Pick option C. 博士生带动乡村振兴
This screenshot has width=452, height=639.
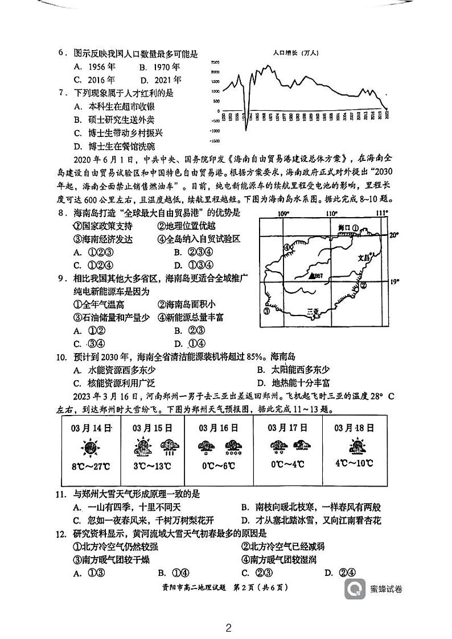pyautogui.click(x=118, y=133)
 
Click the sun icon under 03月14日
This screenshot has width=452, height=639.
pyautogui.click(x=88, y=447)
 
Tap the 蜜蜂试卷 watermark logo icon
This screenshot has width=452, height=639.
pyautogui.click(x=355, y=588)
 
